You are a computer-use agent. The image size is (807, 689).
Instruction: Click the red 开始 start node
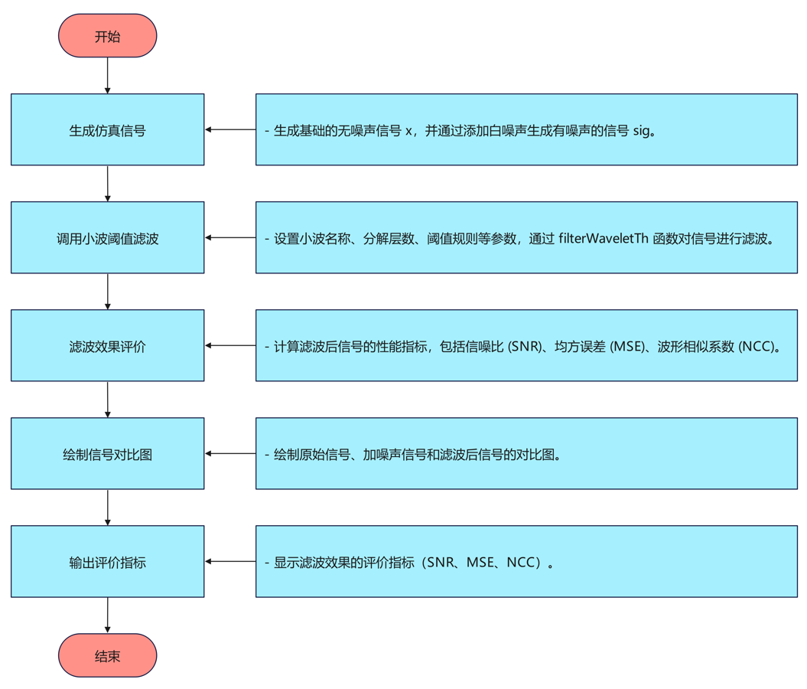108,36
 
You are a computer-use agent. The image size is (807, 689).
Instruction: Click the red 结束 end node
108,656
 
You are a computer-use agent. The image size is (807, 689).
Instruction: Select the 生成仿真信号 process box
108,130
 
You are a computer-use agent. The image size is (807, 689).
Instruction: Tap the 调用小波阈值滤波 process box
108,238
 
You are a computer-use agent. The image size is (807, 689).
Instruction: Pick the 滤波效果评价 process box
108,346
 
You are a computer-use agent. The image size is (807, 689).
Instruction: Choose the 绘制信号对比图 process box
108,454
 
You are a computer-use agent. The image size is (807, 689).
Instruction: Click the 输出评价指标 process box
108,562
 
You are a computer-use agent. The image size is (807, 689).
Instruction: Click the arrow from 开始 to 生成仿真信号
108,75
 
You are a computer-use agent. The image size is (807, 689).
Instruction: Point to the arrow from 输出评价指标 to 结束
108,615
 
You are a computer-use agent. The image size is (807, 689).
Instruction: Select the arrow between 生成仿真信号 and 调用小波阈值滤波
108,183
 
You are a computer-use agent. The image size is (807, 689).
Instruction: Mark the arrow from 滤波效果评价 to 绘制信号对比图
108,399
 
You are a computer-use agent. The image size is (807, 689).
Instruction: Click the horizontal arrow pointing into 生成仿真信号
230,130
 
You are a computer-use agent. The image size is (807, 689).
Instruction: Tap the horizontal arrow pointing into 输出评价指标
230,562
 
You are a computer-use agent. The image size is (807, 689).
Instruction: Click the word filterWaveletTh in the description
604,238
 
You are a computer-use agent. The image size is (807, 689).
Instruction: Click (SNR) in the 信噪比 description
526,347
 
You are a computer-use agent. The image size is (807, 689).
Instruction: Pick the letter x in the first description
408,131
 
